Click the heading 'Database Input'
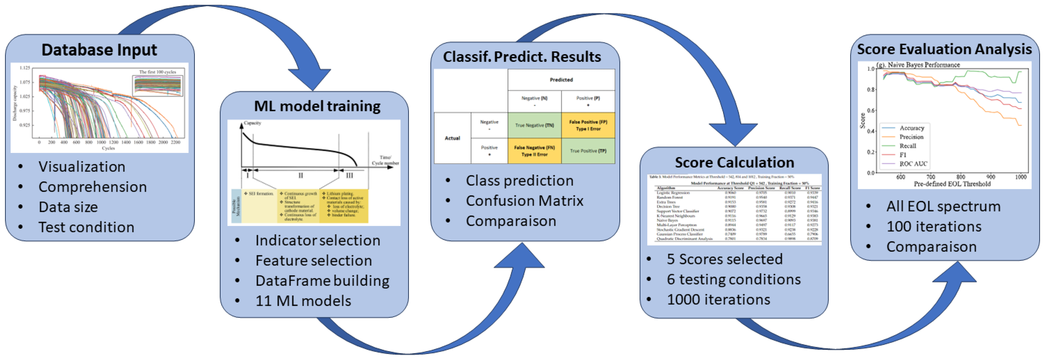tap(99, 50)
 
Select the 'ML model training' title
tap(317, 106)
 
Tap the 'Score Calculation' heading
tap(734, 162)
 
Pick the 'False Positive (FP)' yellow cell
tap(588, 125)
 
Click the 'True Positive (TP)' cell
tap(588, 151)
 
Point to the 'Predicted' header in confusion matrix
tap(561, 80)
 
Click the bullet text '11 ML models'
tap(303, 301)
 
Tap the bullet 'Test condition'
tap(86, 227)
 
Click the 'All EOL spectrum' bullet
tap(943, 206)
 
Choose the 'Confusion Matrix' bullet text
tap(524, 201)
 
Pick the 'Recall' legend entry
tap(907, 146)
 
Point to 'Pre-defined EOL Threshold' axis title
tap(952, 184)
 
